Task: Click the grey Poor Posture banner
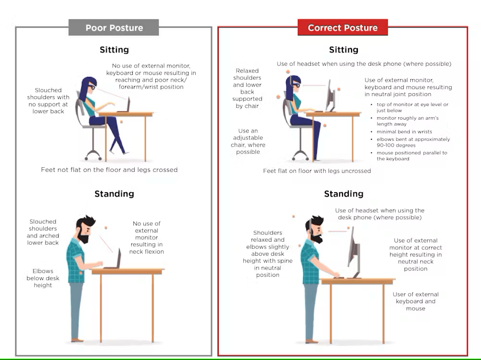[x=114, y=27]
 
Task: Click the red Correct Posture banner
[x=342, y=27]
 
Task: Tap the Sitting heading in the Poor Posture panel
[x=114, y=50]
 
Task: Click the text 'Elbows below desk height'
[x=43, y=278]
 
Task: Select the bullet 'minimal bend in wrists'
[x=404, y=131]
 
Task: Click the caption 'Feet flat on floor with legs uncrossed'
[x=317, y=171]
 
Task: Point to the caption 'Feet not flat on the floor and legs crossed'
[x=109, y=170]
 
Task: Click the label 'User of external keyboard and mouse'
[x=416, y=301]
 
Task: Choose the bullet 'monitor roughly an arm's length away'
[x=407, y=121]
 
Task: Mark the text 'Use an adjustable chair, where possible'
[x=248, y=141]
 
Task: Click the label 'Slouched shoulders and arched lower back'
[x=43, y=232]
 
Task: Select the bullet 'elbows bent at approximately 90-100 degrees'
[x=413, y=142]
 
